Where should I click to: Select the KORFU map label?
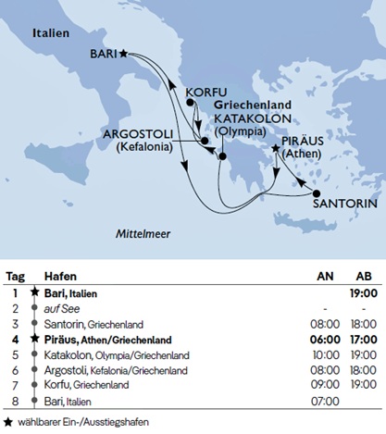tap(205, 93)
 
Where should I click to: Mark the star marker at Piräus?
tap(275, 148)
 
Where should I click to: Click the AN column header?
tap(321, 276)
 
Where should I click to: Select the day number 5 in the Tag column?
tap(15, 353)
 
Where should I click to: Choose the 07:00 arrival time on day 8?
tap(320, 399)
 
